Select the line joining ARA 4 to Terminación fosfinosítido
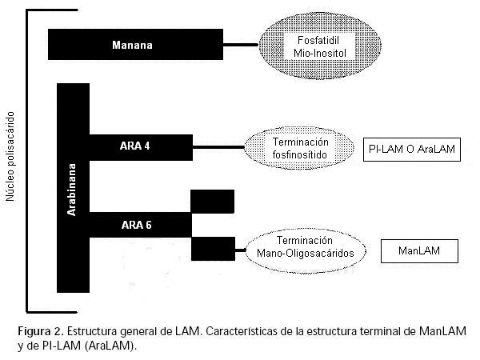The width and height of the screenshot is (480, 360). tap(218, 147)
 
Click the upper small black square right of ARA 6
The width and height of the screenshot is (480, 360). tap(212, 201)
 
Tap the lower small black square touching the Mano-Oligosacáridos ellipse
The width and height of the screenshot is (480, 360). tap(212, 249)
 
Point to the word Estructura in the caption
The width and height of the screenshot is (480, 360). tap(94, 330)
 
